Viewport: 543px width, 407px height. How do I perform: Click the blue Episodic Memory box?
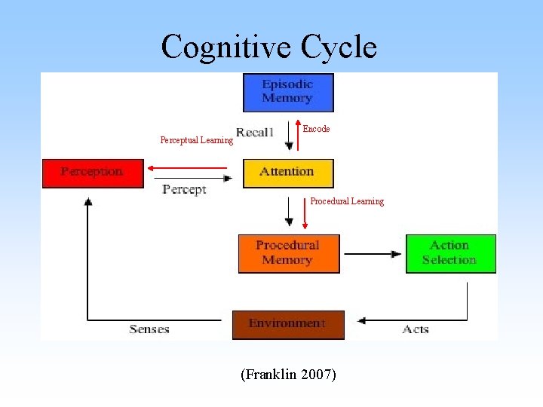click(287, 92)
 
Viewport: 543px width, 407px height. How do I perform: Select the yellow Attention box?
click(287, 173)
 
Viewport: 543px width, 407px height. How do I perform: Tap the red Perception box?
click(92, 173)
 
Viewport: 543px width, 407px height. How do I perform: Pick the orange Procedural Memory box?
click(288, 253)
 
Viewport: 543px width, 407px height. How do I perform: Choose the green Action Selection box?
click(450, 253)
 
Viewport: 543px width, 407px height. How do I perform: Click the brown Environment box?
click(287, 324)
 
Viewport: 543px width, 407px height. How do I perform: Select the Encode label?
click(316, 129)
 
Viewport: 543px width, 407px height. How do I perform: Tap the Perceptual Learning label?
click(196, 140)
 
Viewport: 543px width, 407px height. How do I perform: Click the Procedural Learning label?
click(347, 201)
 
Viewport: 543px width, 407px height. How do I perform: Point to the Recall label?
click(254, 133)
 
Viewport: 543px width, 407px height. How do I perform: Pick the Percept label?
click(184, 190)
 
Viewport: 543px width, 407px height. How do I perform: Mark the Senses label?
click(149, 329)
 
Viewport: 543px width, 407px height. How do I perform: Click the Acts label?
click(416, 329)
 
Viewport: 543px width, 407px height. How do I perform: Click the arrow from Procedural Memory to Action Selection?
click(373, 254)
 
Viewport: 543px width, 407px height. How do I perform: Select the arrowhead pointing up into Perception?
click(88, 202)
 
